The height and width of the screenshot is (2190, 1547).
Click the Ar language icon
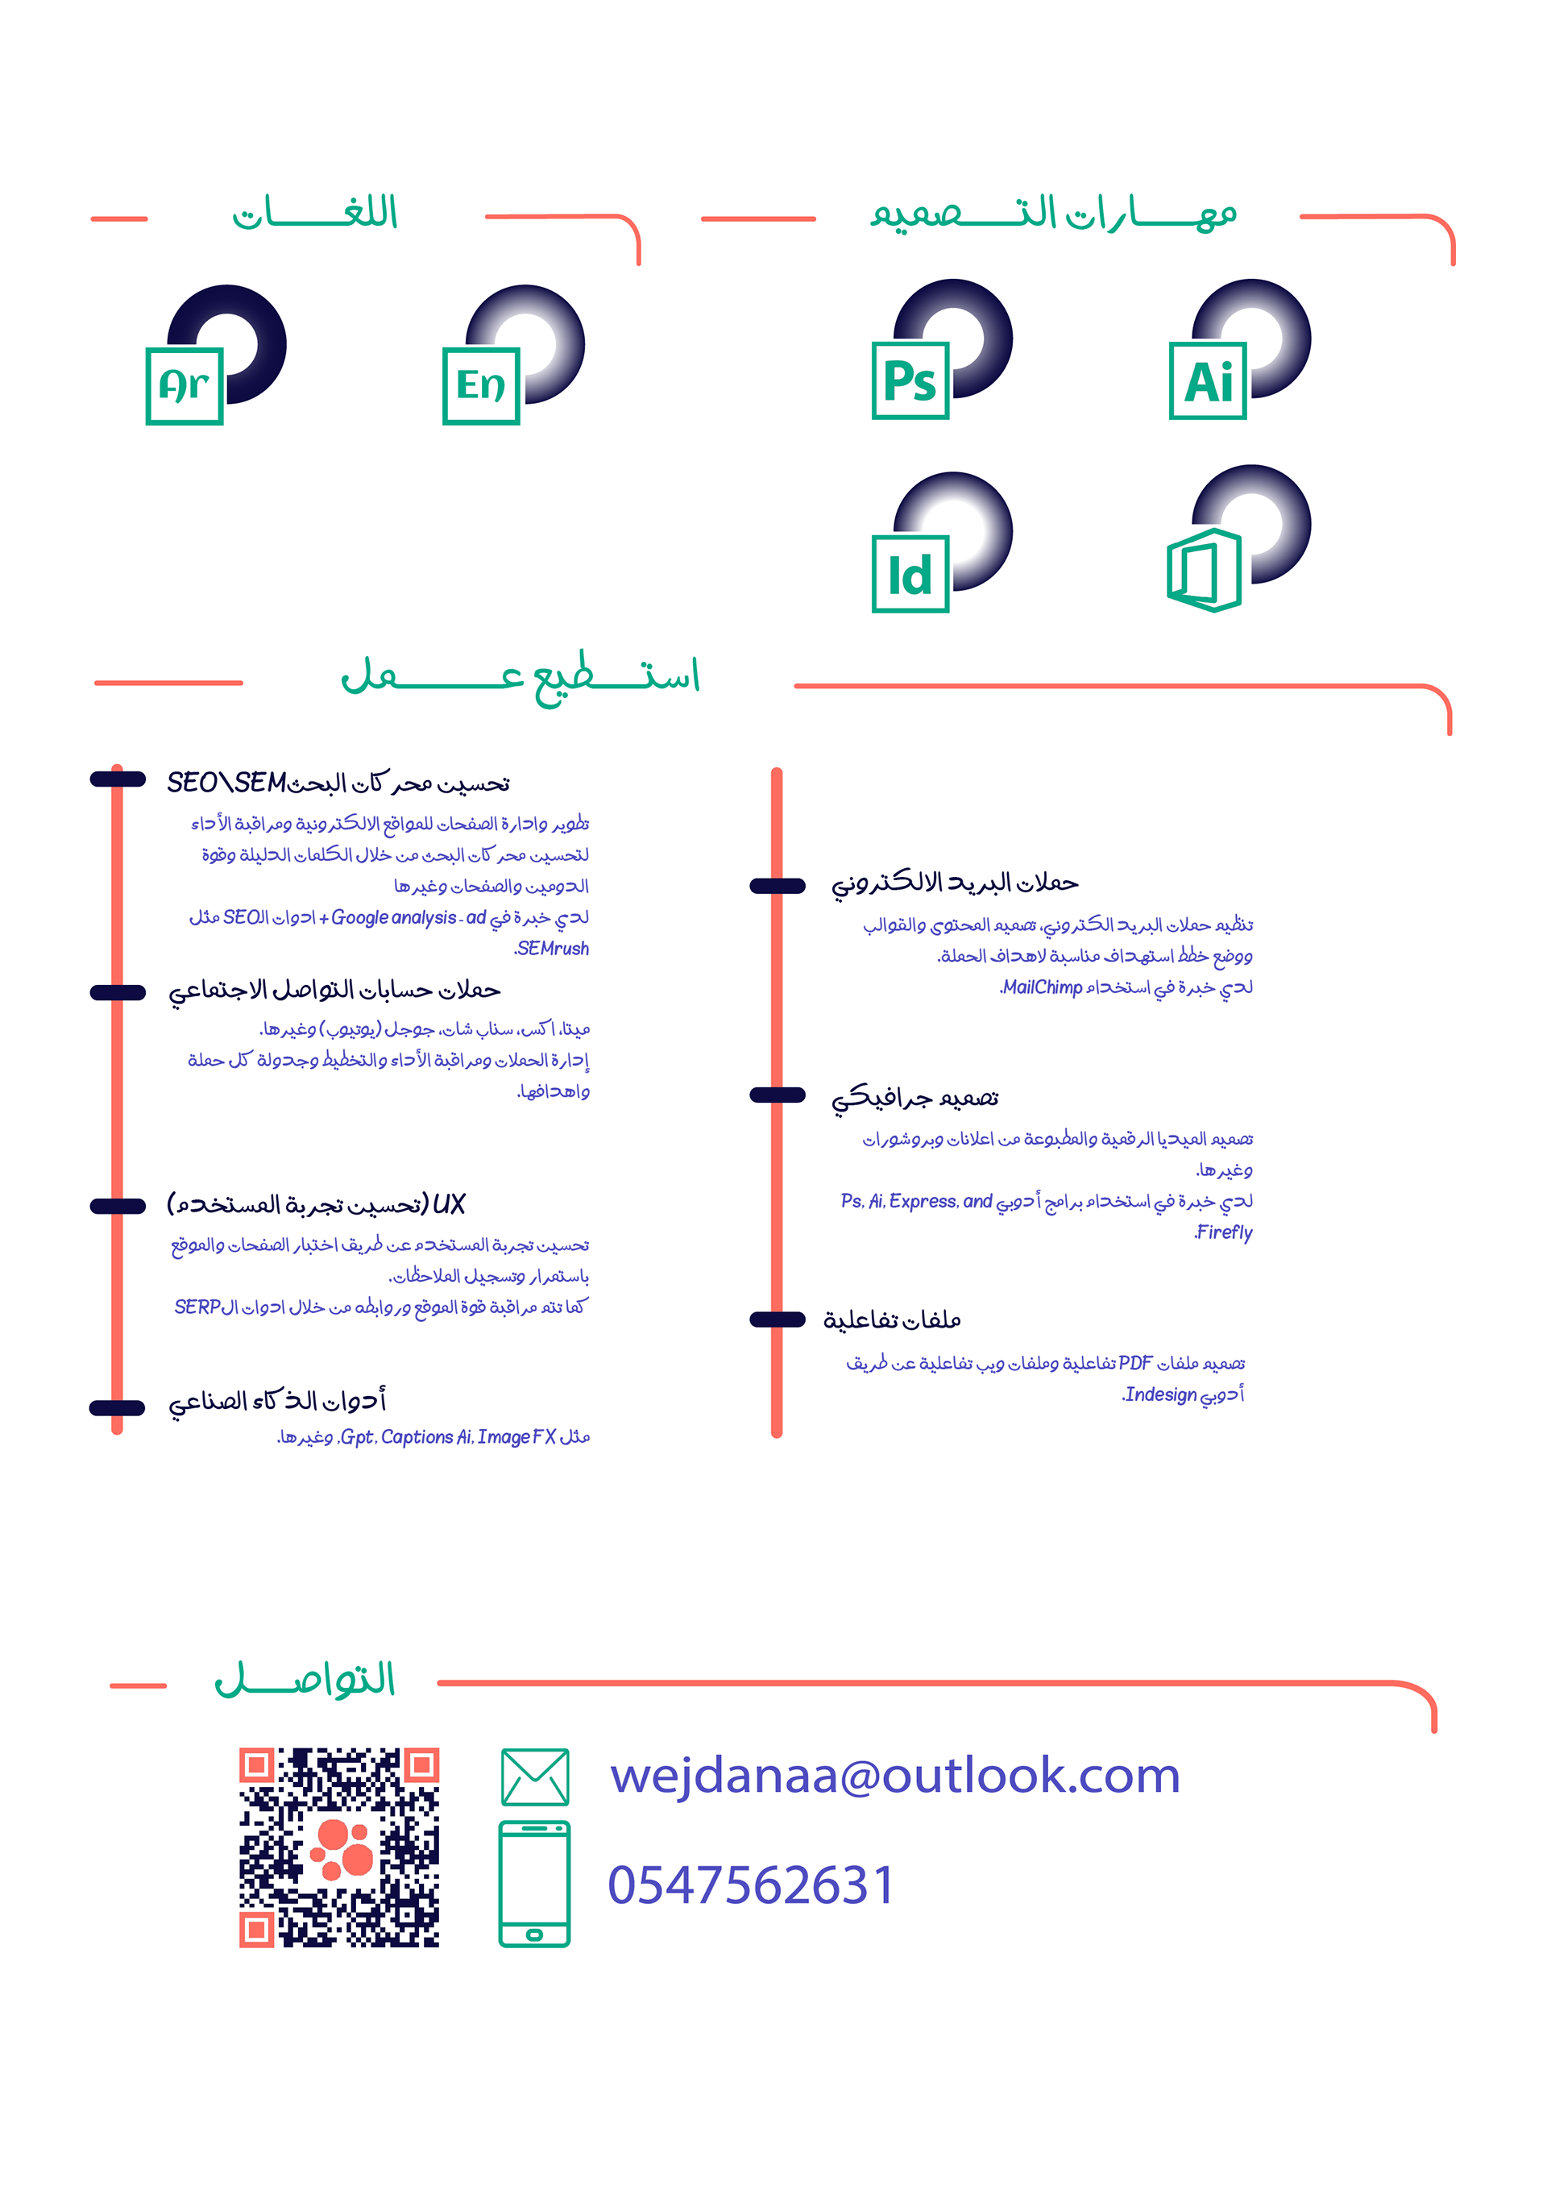[184, 385]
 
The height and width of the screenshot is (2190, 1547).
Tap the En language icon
[481, 385]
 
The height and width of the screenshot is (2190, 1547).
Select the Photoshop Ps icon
[910, 380]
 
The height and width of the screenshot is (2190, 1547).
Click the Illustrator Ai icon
[1208, 380]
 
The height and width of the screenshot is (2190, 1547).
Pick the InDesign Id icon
[910, 573]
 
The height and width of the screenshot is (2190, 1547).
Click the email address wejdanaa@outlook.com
[894, 1776]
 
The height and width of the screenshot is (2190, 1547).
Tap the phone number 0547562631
[752, 1885]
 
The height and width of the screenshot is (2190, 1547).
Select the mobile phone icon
[534, 1884]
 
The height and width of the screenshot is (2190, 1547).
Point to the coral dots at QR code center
[342, 1848]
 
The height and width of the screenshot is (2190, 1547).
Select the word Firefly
[1224, 1232]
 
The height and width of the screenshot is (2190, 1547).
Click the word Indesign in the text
[1159, 1394]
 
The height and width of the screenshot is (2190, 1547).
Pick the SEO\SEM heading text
[227, 783]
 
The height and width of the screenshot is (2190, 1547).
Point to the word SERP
[198, 1307]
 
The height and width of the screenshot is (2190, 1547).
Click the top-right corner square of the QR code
[421, 1764]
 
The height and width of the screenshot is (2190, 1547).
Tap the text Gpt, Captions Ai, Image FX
[448, 1437]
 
